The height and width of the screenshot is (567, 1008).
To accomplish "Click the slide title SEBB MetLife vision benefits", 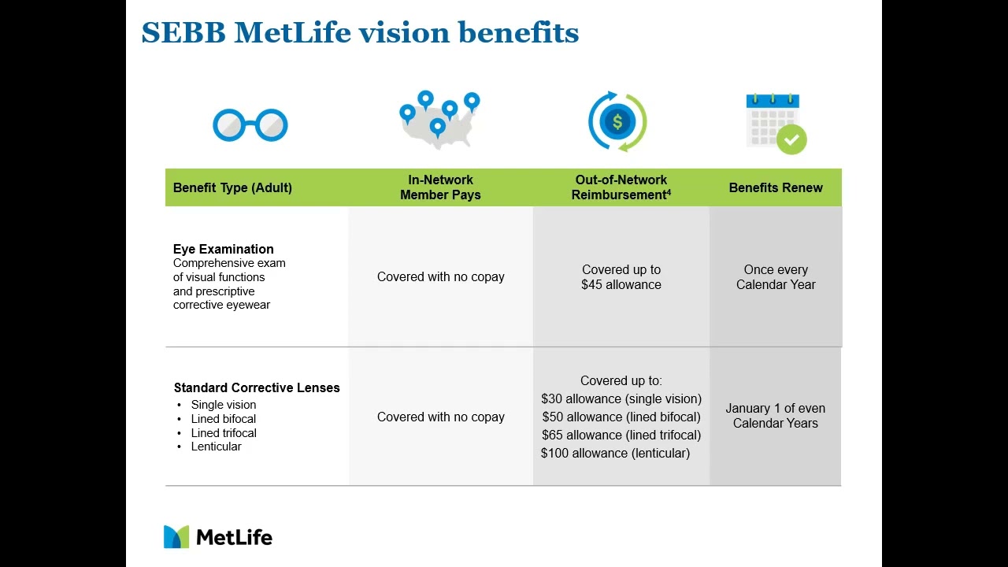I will (360, 33).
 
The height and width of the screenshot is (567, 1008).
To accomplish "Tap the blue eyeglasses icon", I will (250, 125).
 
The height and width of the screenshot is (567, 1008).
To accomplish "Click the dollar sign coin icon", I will (617, 122).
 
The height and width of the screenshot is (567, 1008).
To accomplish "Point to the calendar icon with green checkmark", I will (776, 124).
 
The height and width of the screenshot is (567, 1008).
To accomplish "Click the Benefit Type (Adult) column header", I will (232, 187).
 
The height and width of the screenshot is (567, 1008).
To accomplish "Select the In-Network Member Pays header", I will (440, 187).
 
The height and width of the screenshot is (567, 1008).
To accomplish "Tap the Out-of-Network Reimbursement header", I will (621, 187).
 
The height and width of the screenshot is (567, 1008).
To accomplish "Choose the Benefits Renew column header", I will (776, 187).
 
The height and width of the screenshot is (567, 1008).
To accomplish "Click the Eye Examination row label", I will (224, 249).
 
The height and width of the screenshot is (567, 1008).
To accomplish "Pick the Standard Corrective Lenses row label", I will (257, 387).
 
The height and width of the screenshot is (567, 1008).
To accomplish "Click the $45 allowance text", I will (621, 285).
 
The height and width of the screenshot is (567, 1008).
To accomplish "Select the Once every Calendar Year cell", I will (776, 277).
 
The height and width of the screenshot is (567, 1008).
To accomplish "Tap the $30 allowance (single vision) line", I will (621, 399).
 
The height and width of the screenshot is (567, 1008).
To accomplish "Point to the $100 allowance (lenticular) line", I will (615, 454).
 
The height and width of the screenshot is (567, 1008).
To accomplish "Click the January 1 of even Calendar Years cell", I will (776, 416).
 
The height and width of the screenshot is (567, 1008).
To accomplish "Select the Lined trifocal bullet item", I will (224, 433).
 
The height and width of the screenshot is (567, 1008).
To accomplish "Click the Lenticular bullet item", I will (216, 447).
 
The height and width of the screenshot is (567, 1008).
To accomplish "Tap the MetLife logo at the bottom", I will (218, 537).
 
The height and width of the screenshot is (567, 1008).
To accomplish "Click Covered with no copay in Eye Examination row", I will (440, 277).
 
